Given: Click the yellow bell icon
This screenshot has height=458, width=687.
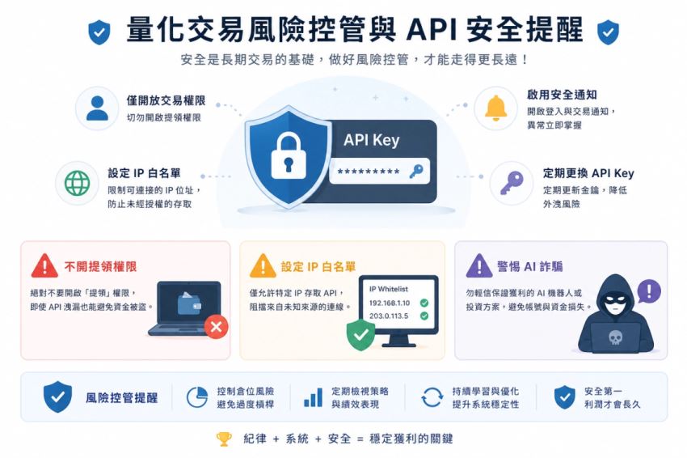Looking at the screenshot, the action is pos(495,108).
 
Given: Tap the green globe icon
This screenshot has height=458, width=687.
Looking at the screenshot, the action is pos(77,183).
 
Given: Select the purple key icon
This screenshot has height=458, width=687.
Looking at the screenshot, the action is pos(512,183).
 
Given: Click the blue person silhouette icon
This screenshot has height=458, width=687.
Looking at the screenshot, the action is pos(97,108).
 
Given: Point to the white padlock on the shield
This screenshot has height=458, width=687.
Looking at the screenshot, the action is pos(288,155).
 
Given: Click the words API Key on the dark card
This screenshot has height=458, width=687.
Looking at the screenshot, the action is pos(372,140).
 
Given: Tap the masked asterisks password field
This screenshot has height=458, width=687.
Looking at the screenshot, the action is pos(379,171).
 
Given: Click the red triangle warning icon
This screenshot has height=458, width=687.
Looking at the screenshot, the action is pos(44,265).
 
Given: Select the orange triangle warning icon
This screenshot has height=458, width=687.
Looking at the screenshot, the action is pos(263,265).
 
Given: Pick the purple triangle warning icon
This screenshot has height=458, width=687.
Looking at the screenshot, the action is pos(479,265).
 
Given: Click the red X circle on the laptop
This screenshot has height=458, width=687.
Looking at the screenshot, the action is pos(216,326).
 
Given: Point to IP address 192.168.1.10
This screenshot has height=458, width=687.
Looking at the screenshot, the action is pos(389,303).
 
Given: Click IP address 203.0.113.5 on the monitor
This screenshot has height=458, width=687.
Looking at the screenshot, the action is pos(388,316).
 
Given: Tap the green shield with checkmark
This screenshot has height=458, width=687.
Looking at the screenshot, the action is pos(360,335).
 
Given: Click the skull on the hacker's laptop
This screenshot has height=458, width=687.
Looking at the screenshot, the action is pos(616,337).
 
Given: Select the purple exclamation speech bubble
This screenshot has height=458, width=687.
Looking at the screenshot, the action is pos(649,290).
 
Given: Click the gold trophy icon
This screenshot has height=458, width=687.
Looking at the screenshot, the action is pos(224,439).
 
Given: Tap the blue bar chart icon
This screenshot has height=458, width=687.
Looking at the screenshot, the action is pos(313,397).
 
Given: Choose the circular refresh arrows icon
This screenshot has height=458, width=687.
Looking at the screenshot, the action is pos(432,397).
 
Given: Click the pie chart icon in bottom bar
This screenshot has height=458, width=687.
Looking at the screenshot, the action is pos(196,397).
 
